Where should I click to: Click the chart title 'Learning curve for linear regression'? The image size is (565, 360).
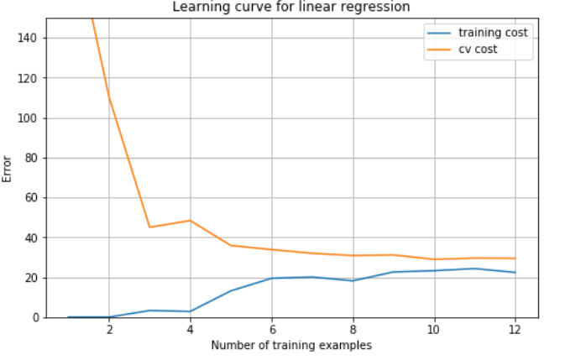click(x=291, y=7)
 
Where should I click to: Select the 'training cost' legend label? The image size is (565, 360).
click(x=493, y=33)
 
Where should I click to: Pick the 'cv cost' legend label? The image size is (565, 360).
click(x=478, y=50)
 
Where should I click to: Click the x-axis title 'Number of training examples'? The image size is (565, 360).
click(x=291, y=345)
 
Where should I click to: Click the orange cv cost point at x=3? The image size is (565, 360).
click(x=149, y=227)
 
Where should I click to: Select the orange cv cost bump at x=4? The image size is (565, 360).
click(x=191, y=221)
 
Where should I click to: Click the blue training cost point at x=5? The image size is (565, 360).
click(x=231, y=291)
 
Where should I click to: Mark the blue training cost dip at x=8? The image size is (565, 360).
click(x=353, y=280)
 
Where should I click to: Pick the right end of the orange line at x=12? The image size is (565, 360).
click(x=515, y=258)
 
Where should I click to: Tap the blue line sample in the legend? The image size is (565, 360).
click(x=440, y=33)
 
